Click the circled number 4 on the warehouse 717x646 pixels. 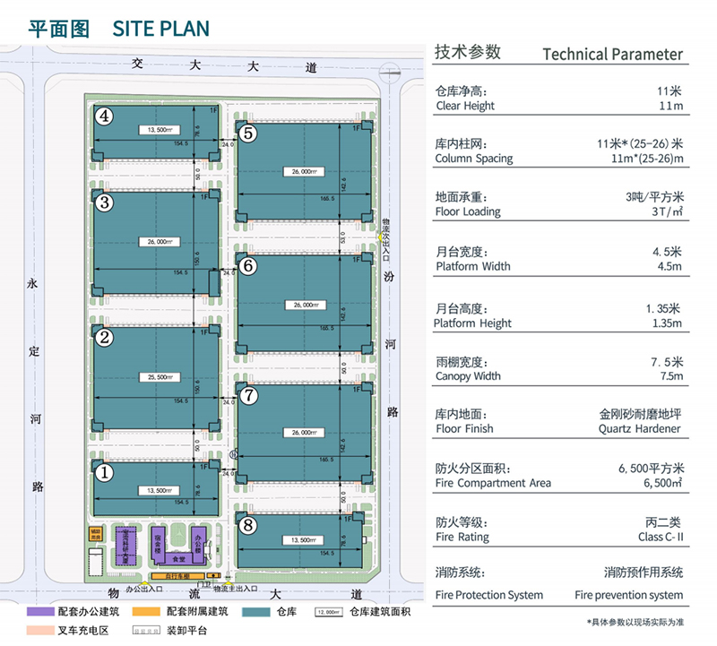(105, 115)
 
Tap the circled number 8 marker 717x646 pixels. (248, 525)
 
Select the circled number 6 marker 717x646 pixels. (249, 265)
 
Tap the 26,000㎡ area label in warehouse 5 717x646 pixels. (300, 171)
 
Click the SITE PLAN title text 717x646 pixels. (161, 28)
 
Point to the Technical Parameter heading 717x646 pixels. (612, 54)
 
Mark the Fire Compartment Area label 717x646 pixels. (492, 483)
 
